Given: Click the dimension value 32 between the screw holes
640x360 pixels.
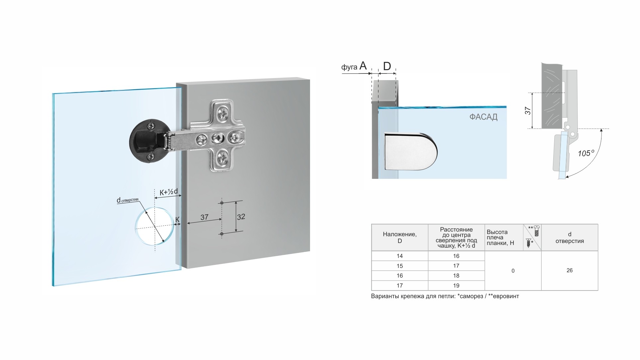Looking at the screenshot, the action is [241, 217].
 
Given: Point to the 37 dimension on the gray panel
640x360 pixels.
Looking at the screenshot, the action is [204, 217].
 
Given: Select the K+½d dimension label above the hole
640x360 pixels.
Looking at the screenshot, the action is [169, 192].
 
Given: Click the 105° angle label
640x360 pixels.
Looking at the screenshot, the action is [586, 153].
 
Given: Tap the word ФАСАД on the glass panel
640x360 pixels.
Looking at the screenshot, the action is [483, 117].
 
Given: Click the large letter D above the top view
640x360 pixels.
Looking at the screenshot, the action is [387, 66].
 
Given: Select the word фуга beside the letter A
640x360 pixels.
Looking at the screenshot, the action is [349, 67].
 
